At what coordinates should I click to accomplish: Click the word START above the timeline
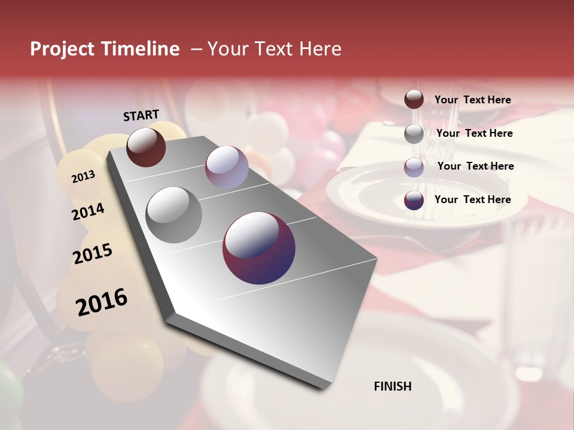coord(141,115)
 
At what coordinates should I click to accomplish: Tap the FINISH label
coord(392,386)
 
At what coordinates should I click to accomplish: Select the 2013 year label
coord(83,176)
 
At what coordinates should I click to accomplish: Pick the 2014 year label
coord(88,211)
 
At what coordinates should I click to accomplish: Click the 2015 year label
coord(93,254)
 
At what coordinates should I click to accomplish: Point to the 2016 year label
coord(102,302)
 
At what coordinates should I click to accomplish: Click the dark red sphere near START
coord(146,147)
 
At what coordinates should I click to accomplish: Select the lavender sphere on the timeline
coord(227,167)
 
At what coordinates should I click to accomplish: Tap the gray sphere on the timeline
coord(174,214)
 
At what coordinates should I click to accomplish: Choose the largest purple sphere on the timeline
coord(259,247)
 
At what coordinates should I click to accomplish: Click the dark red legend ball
coord(414,100)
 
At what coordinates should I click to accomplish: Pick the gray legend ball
coord(414,134)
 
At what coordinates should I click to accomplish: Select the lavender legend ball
coord(414,167)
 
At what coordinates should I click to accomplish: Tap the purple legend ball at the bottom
coord(414,200)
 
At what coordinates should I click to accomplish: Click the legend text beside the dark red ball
coord(472,100)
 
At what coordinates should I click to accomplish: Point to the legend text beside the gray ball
coord(474,133)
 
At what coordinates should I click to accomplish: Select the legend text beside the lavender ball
coord(475,166)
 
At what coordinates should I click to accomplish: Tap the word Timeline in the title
coord(141,49)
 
